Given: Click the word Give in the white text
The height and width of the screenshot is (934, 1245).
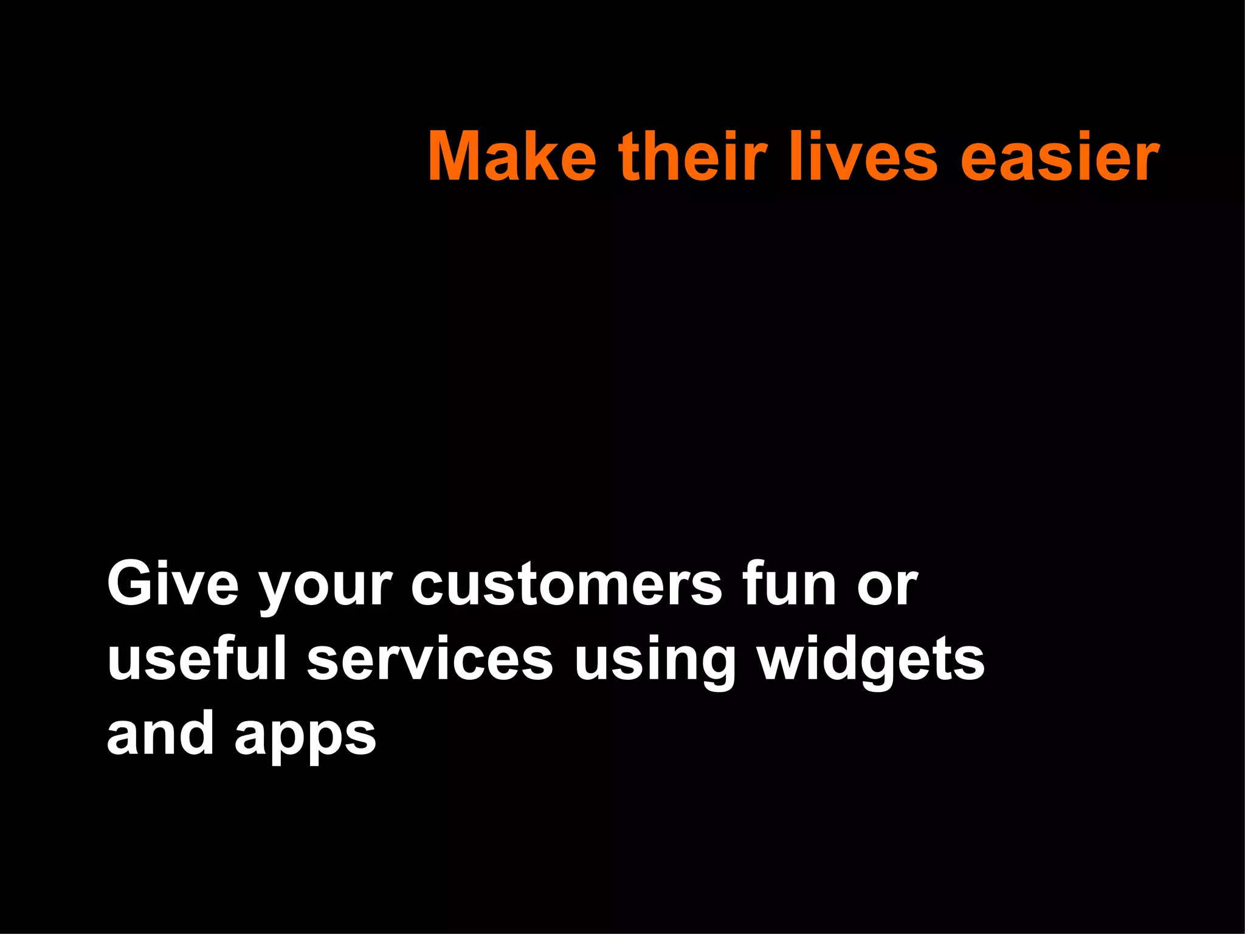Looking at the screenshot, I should (x=173, y=585).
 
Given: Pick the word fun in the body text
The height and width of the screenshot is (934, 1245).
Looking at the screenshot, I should (x=790, y=585).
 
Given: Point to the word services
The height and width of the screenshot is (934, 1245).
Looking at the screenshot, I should (x=429, y=659).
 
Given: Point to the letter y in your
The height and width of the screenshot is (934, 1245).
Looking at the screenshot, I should (x=277, y=593).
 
